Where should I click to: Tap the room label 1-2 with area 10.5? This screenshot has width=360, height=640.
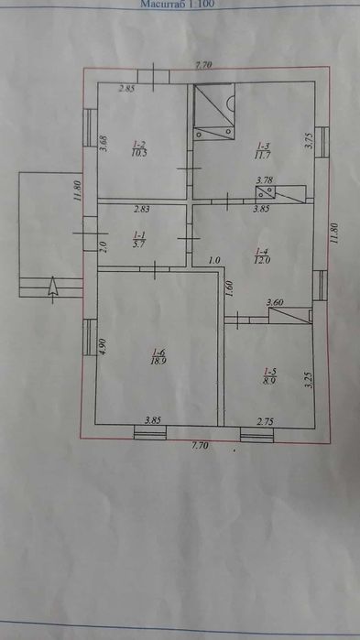[x=139, y=149]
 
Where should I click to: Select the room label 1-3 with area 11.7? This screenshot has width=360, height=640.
[x=264, y=148]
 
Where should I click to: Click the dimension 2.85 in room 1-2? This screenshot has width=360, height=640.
[x=127, y=89]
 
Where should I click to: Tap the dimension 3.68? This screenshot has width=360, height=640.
[x=104, y=145]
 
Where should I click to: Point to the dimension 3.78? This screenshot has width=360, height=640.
[x=265, y=181]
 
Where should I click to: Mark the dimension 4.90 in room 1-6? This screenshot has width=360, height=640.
[x=104, y=346]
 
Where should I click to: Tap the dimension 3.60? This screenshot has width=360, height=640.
[x=274, y=303]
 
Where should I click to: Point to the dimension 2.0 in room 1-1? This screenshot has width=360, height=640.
[x=104, y=244]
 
